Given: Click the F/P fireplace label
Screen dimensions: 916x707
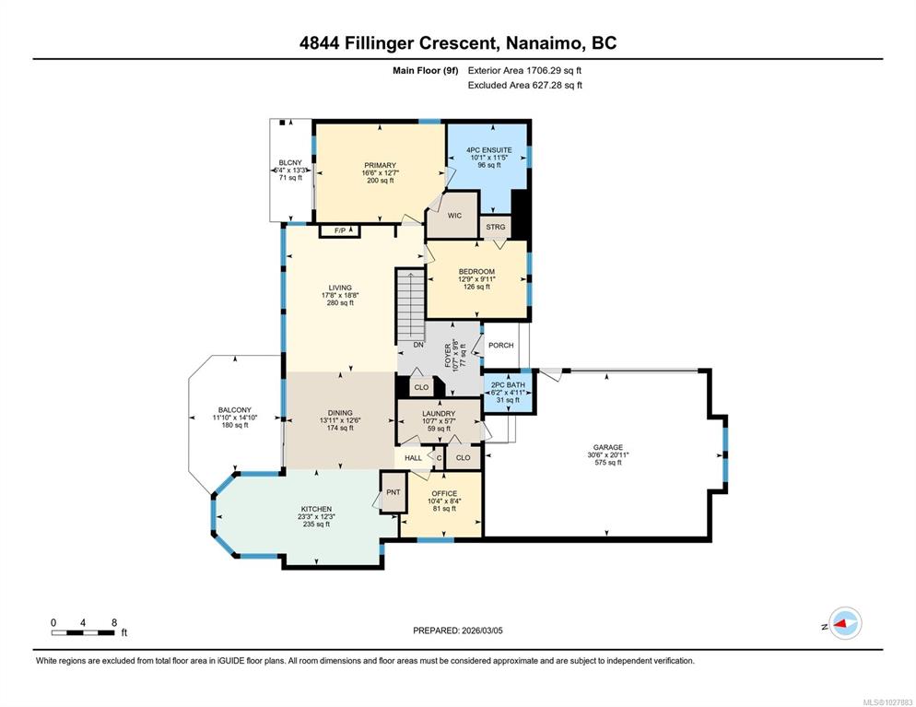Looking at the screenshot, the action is tap(339, 230).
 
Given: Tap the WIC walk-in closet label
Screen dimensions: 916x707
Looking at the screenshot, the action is tap(454, 216).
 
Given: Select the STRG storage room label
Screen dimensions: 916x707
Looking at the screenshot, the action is tap(496, 227).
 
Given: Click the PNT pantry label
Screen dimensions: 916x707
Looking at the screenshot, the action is tap(393, 492).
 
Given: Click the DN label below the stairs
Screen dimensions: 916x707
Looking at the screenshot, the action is tap(418, 345).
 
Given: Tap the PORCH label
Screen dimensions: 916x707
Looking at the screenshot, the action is tap(500, 346).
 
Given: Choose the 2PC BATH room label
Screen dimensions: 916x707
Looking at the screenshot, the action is tap(509, 385).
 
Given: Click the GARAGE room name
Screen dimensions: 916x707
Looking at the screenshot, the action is tap(608, 448).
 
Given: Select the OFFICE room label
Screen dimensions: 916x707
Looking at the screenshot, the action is tap(444, 494).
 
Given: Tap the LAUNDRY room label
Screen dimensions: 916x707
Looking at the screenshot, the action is tap(438, 414).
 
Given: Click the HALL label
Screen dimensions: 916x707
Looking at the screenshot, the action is tap(413, 458).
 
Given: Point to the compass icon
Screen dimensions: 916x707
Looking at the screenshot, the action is tap(845, 623).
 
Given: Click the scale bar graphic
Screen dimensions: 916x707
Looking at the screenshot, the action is tap(83, 632).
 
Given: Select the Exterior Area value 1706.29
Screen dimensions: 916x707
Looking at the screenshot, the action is tap(545, 71).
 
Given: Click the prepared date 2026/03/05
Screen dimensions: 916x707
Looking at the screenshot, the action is tap(482, 630).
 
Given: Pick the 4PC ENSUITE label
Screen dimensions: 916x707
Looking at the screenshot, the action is tap(489, 150).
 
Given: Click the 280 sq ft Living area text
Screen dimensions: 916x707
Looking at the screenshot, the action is tap(340, 302).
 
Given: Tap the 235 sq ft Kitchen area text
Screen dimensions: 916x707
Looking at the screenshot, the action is tap(316, 524).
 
